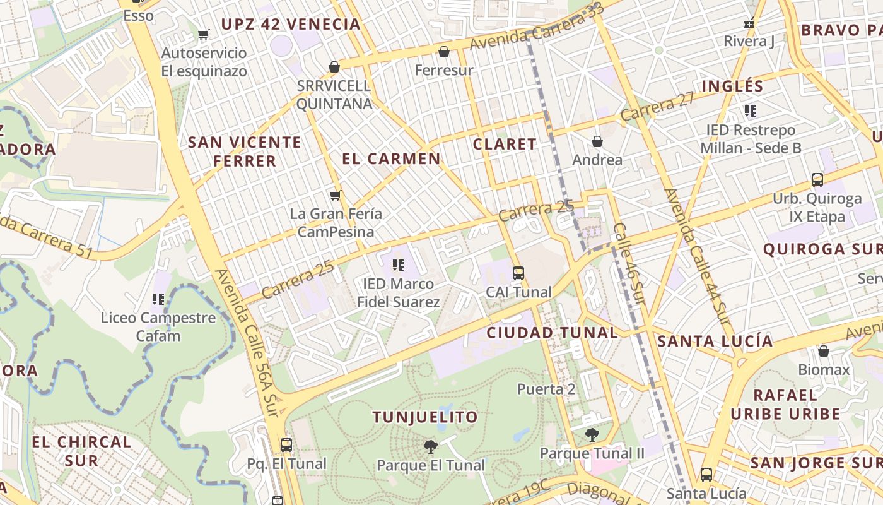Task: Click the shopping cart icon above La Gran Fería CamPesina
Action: pos(335,196)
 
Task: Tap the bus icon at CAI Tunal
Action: pos(518,273)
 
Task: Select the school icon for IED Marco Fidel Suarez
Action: pos(398,265)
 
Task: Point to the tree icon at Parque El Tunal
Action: pos(431,447)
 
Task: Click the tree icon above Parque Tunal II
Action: pos(592,434)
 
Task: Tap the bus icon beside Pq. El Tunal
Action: pos(286,445)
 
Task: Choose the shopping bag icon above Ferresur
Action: pos(444,52)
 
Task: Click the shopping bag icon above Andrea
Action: pos(597,141)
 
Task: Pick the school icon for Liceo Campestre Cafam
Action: pos(158,299)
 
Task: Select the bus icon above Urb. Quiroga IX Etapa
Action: pos(817,180)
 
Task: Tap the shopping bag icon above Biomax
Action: pos(824,351)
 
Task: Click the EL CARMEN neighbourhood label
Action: pos(391,158)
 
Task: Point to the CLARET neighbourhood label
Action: pos(505,144)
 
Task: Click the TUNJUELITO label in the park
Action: pos(425,417)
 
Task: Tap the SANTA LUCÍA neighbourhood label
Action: pos(715,342)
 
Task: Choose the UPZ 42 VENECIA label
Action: pos(291,25)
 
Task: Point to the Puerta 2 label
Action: pos(546,389)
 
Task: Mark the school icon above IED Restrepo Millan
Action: pos(751,112)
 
